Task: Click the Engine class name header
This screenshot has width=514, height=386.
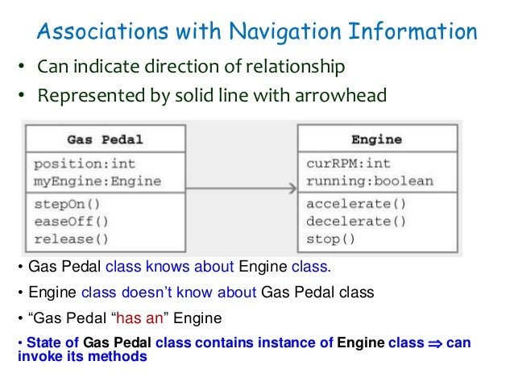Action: pyautogui.click(x=376, y=139)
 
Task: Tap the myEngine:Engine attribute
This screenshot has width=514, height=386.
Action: pyautogui.click(x=97, y=181)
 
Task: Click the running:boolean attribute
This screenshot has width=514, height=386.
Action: pyautogui.click(x=369, y=181)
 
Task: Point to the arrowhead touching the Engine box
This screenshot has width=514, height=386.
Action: pyautogui.click(x=291, y=189)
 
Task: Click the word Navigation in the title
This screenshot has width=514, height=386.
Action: pyautogui.click(x=284, y=32)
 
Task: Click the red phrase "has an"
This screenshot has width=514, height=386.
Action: pyautogui.click(x=170, y=317)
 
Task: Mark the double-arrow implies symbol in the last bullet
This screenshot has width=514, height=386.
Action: pyautogui.click(x=436, y=342)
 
